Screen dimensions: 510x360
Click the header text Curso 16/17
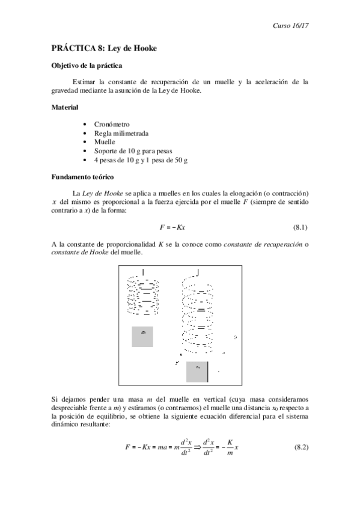290,26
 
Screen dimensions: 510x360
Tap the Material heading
64,108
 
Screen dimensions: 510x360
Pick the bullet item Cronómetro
112,124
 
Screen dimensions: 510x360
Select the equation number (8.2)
301,449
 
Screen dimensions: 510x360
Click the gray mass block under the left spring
142,336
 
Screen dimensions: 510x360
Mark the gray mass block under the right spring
197,372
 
